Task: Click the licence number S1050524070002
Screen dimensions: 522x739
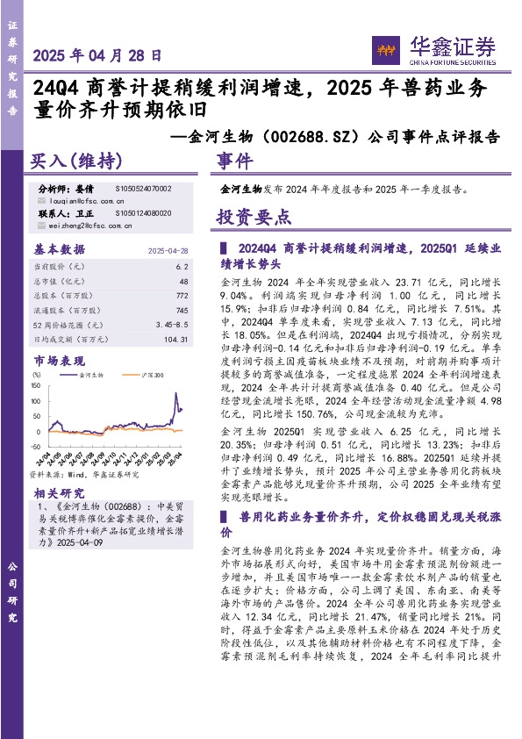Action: pyautogui.click(x=143, y=189)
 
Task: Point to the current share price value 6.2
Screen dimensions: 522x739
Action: pyautogui.click(x=182, y=266)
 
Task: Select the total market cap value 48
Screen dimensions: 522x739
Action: pyautogui.click(x=183, y=281)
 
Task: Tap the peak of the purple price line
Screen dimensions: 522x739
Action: pyautogui.click(x=178, y=384)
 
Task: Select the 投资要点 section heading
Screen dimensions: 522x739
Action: pyautogui.click(x=254, y=217)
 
